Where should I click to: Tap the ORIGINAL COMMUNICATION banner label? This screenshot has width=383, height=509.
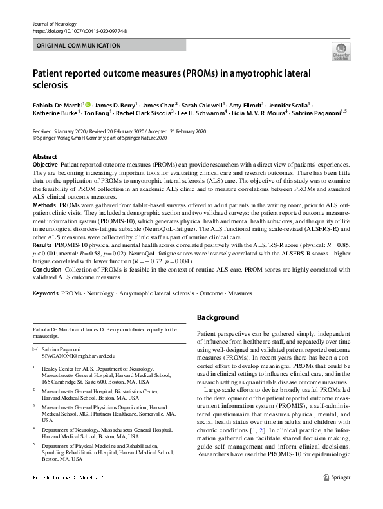coord(79,46)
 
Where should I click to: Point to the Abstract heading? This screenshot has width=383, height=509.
coord(45,157)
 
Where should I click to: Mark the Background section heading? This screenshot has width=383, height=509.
coord(218,317)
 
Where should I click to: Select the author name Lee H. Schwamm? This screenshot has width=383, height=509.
coord(199,112)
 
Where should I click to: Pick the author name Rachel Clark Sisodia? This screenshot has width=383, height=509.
coord(144,112)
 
